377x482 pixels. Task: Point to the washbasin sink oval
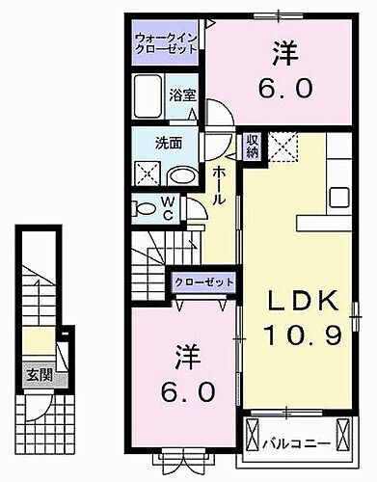pyautogui.click(x=182, y=175)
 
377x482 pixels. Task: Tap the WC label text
pyautogui.click(x=169, y=208)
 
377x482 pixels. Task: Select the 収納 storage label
pyautogui.click(x=252, y=147)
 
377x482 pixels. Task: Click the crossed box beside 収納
pyautogui.click(x=281, y=147)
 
